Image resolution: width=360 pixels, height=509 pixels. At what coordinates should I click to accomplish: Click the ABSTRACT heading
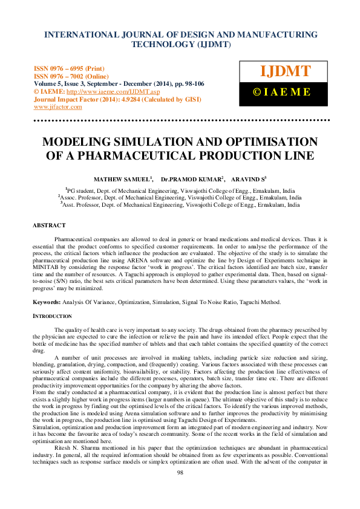click(x=48, y=225)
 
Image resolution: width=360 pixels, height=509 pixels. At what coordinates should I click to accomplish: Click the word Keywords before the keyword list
click(x=46, y=302)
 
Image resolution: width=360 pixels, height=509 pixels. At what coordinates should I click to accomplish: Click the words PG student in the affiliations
click(x=83, y=190)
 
